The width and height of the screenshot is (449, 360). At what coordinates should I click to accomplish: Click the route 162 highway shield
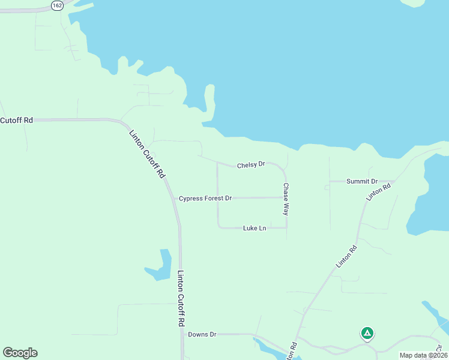tap(57, 5)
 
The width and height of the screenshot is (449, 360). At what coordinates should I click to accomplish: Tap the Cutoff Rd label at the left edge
tap(16, 120)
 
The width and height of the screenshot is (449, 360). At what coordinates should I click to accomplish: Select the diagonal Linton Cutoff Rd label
tap(146, 154)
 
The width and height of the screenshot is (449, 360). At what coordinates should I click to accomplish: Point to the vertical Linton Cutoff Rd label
tap(181, 298)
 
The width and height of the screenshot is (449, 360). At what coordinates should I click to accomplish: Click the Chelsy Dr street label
tap(251, 164)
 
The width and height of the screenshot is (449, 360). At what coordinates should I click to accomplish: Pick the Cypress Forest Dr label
tap(205, 198)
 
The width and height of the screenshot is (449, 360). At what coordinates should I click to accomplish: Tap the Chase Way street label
tap(286, 199)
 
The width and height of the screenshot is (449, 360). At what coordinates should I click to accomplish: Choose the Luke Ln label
tap(255, 228)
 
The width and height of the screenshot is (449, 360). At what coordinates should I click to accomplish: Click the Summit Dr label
tap(362, 181)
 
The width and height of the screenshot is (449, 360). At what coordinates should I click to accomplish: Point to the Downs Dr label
tap(202, 334)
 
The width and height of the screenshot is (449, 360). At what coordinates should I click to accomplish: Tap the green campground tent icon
tap(367, 333)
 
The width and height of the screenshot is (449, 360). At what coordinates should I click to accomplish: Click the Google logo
tap(20, 353)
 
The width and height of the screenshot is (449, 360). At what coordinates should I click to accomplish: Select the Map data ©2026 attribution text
tap(423, 355)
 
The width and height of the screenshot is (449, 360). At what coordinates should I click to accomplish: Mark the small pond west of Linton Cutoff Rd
tap(160, 266)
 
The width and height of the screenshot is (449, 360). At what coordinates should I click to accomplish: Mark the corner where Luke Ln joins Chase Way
tap(286, 227)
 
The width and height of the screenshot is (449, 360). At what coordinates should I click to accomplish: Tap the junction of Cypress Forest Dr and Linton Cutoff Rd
tap(174, 199)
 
